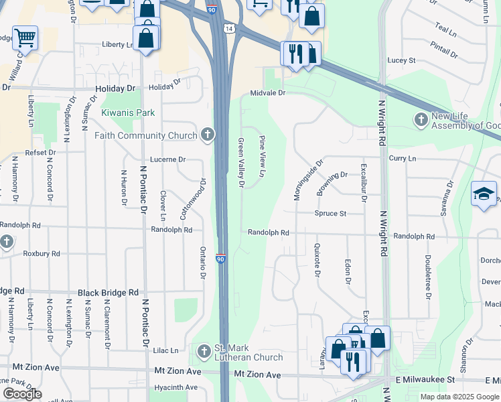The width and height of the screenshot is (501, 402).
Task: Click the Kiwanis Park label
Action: [128, 113]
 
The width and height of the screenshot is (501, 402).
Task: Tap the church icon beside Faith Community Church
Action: [208, 135]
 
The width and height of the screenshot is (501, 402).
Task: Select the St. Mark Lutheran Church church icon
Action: [204, 350]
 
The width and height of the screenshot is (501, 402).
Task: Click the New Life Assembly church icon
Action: [421, 120]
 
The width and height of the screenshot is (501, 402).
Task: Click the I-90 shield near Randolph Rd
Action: [220, 259]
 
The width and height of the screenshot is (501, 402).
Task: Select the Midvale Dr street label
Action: [268, 93]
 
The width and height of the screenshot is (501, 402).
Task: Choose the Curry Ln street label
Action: [402, 158]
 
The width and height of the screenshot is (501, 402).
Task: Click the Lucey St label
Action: [401, 60]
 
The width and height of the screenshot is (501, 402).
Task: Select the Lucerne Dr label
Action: [167, 159]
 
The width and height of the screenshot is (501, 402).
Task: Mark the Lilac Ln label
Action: [165, 350]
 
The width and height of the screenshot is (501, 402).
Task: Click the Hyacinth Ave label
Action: [175, 387]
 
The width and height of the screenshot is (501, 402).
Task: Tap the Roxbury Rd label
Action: [42, 254]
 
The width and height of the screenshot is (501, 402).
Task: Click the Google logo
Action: [22, 394]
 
